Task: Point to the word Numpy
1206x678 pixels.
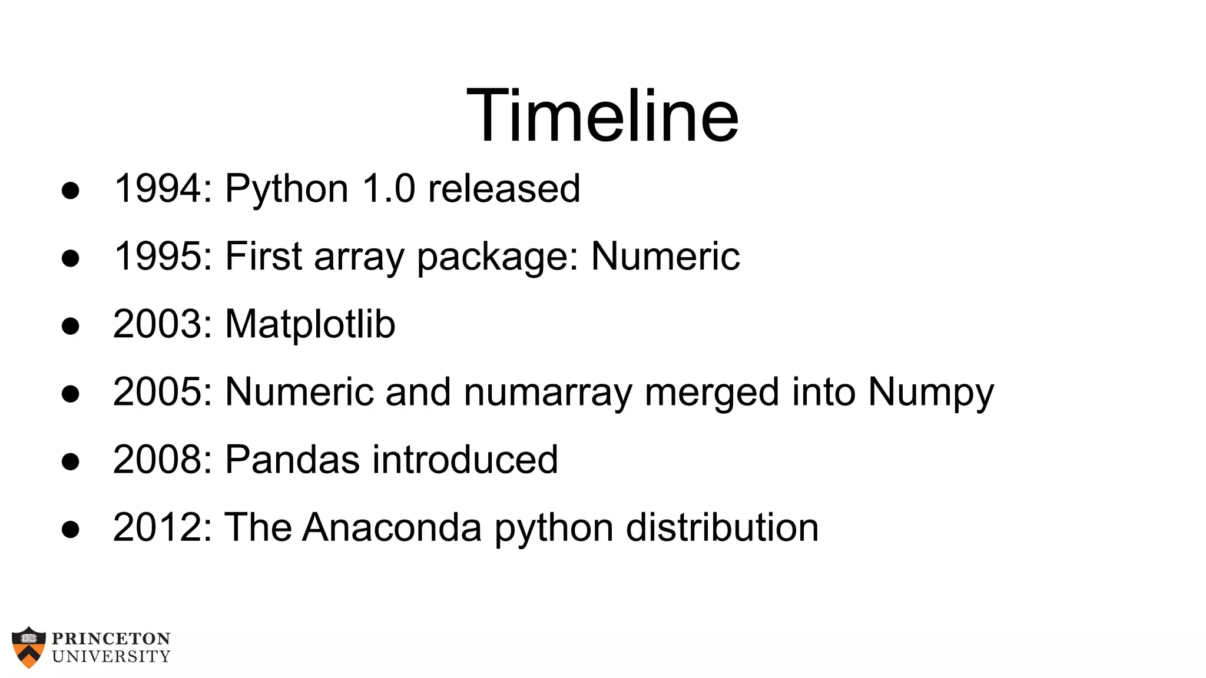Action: click(930, 393)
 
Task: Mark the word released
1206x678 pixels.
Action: click(504, 188)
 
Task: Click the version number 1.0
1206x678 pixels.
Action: click(389, 188)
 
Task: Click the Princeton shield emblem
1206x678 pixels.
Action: click(29, 647)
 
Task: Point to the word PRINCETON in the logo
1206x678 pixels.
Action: click(111, 639)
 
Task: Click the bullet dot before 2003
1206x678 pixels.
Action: click(70, 325)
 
